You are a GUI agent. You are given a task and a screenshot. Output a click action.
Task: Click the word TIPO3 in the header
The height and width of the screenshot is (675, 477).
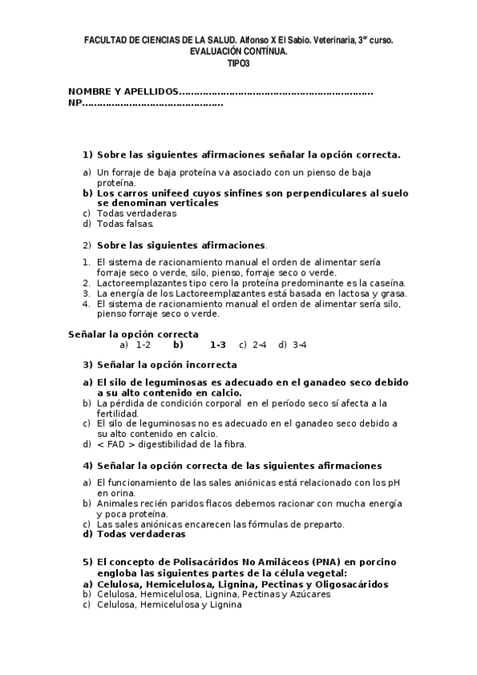[238, 62]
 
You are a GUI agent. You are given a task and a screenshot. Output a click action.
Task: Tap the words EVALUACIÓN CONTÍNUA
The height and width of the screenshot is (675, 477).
[238, 51]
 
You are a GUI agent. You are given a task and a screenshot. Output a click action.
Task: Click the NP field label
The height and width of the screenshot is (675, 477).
[74, 103]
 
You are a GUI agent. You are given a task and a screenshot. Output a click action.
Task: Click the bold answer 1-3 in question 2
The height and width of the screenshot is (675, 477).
[217, 345]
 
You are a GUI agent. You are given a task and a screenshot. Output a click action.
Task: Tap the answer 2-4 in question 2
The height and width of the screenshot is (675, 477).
[259, 345]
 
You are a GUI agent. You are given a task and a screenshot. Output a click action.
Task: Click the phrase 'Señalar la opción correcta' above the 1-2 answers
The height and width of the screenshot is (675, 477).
[133, 334]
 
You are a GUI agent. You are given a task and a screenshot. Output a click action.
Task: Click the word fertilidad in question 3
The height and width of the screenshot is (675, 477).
[118, 413]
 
